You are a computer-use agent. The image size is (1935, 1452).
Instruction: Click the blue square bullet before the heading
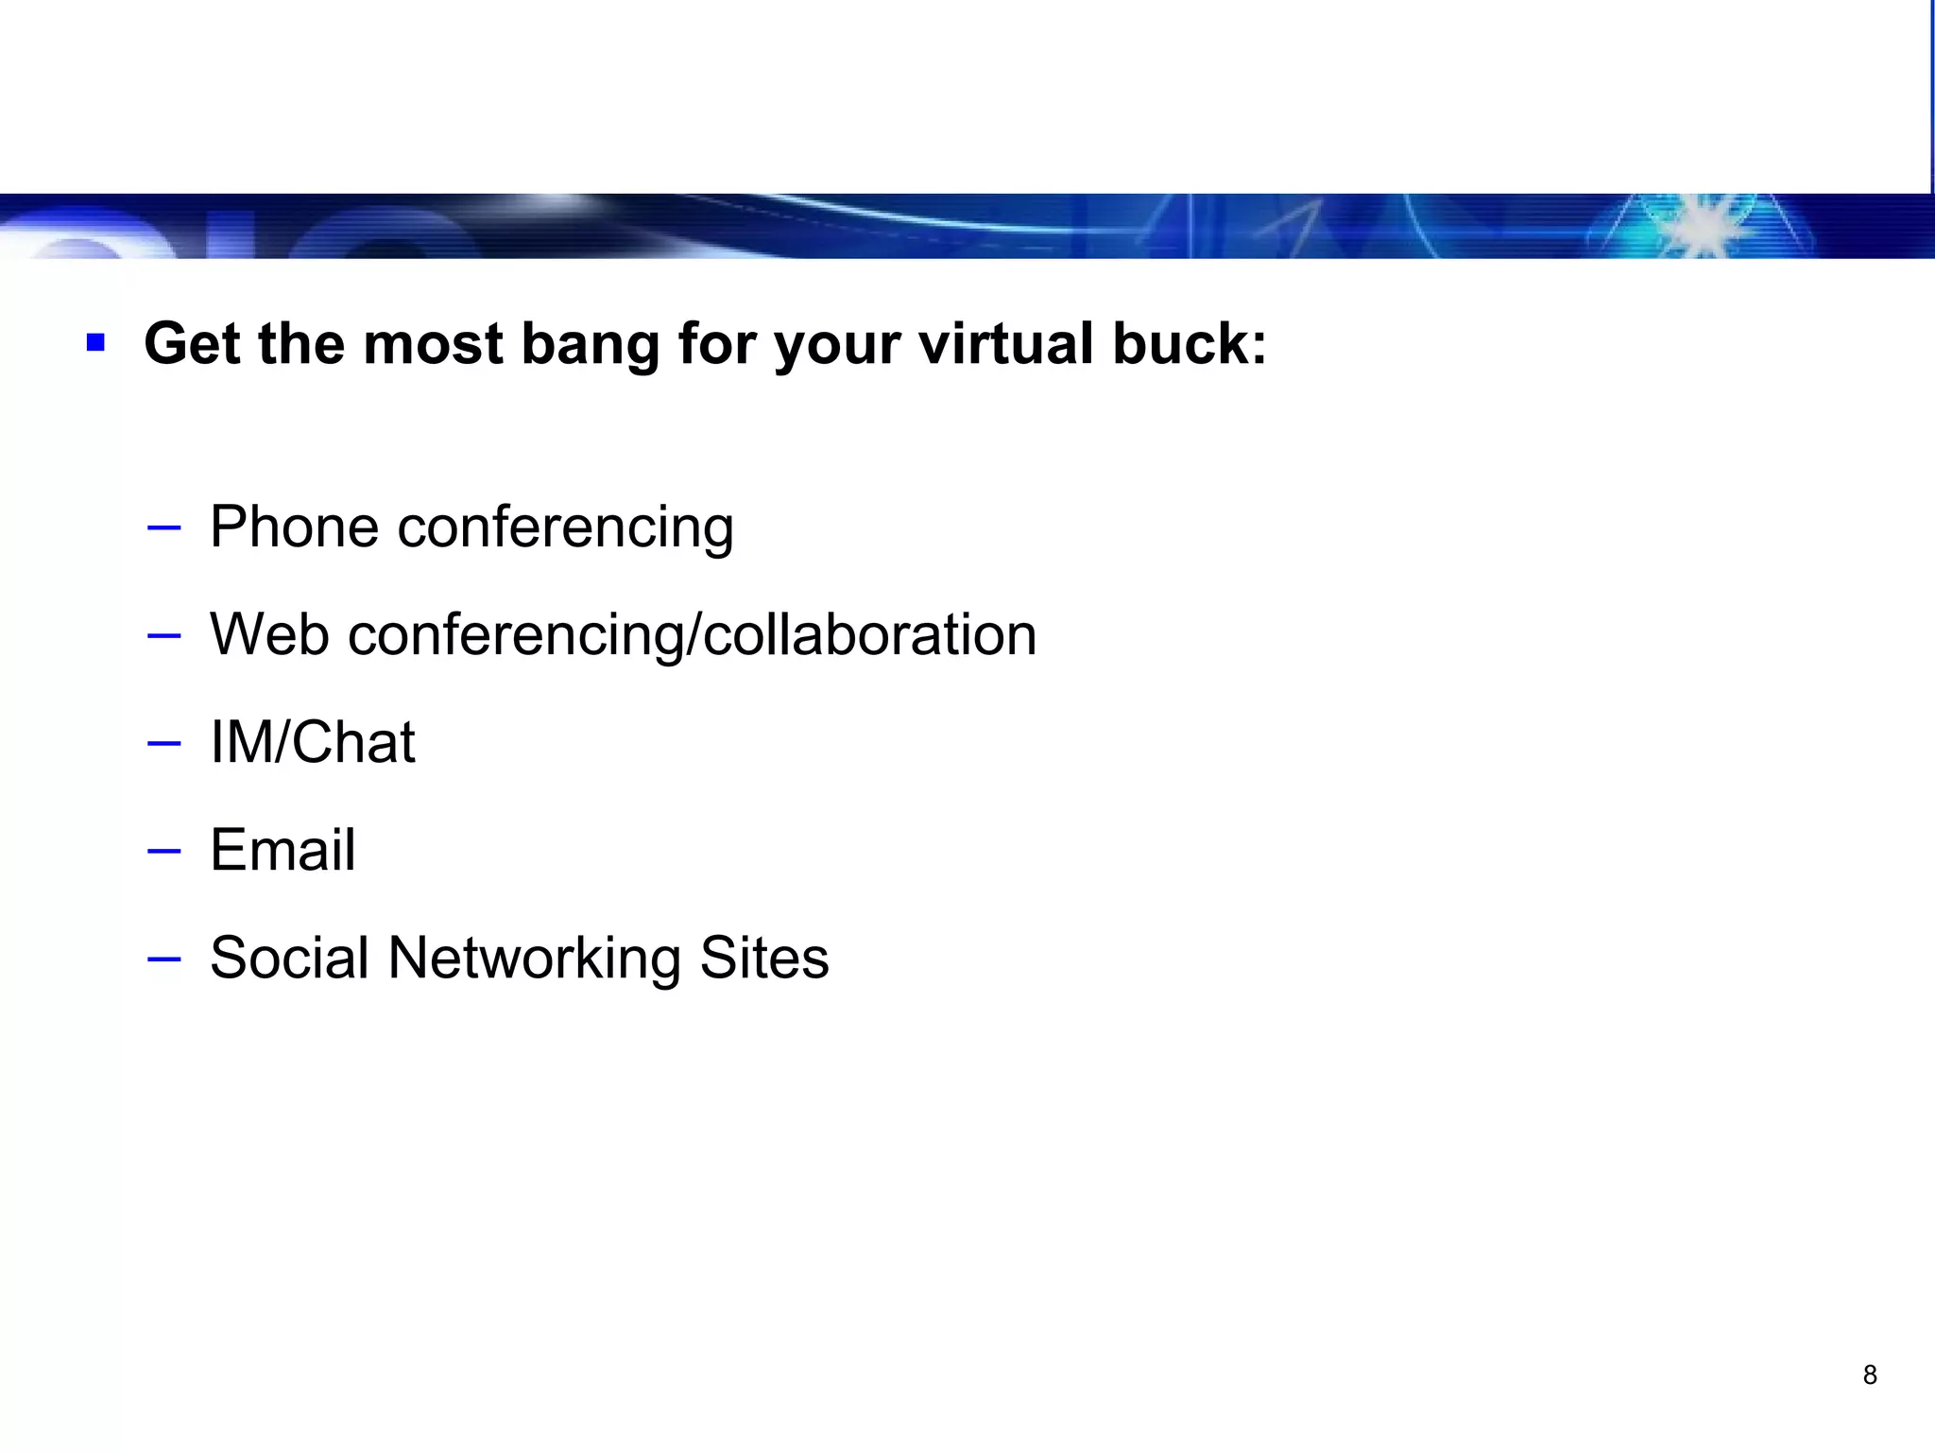(95, 342)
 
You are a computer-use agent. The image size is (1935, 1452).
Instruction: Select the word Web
(269, 634)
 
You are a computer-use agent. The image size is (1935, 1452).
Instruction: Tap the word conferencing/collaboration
(692, 636)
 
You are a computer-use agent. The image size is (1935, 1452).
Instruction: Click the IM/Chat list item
(312, 742)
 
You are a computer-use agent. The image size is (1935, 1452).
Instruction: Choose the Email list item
(283, 849)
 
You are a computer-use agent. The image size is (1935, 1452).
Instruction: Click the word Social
(289, 957)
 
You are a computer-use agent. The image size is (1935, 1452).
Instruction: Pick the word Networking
(534, 959)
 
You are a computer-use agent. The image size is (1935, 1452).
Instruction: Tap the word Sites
(763, 957)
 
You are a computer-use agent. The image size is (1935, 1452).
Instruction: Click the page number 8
(1870, 1375)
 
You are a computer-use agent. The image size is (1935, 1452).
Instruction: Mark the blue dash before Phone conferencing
(164, 527)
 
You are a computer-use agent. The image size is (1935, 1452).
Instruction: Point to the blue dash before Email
(164, 851)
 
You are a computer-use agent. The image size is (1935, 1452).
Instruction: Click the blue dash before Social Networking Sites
(164, 959)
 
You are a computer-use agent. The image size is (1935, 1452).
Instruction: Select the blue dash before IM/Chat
(164, 743)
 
